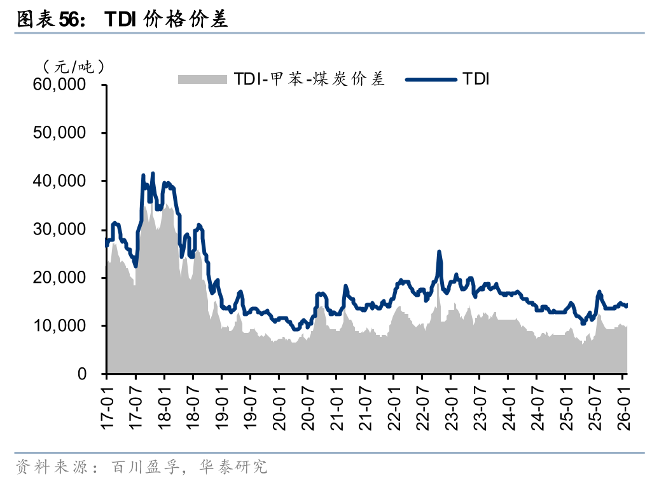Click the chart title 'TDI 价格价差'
166,20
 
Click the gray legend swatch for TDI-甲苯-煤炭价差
202,79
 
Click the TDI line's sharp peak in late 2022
439,252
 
